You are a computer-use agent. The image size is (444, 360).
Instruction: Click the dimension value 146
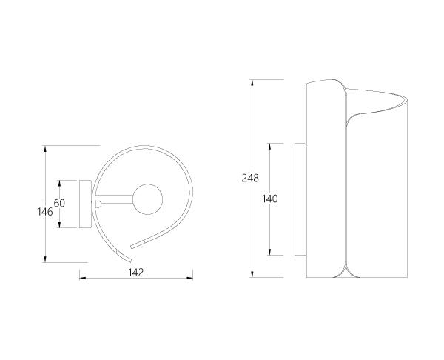[45, 212]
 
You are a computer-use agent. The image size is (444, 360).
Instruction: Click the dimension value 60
[59, 203]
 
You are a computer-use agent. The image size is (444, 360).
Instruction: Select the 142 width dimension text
[136, 273]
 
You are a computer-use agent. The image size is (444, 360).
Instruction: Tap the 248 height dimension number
[250, 178]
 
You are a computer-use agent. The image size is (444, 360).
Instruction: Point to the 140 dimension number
[270, 199]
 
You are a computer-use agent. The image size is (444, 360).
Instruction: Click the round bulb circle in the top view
[147, 199]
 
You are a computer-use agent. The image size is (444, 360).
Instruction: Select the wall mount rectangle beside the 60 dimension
[85, 204]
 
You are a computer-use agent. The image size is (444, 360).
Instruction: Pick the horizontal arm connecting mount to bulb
[114, 199]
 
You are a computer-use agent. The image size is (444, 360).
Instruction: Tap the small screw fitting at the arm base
[98, 204]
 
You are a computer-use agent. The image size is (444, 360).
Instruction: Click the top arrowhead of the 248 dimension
[252, 82]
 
